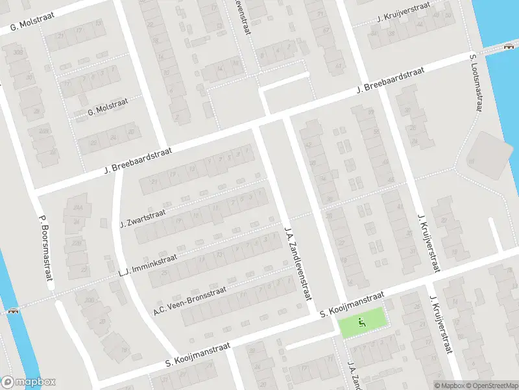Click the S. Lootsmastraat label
tap(476, 83)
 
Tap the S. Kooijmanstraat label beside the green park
tap(352, 304)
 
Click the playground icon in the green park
tap(362, 320)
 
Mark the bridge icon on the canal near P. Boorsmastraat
tap(12, 311)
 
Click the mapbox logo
tap(29, 382)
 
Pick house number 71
tap(67, 84)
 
